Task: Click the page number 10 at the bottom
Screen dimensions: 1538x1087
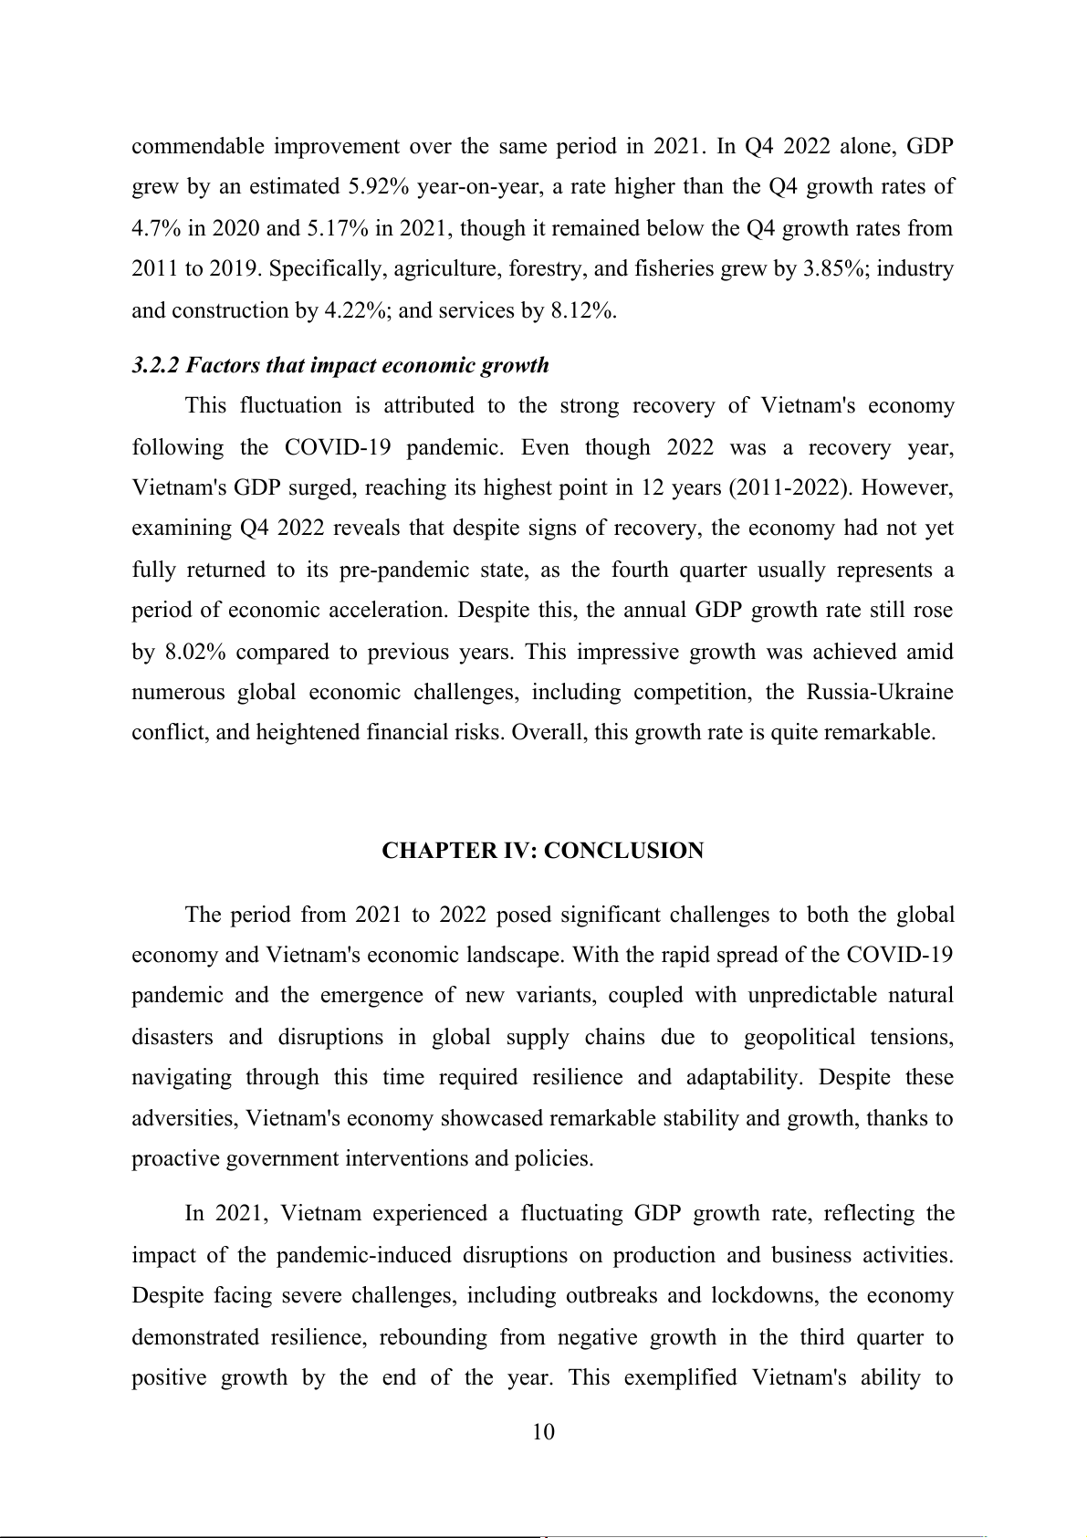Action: click(543, 1431)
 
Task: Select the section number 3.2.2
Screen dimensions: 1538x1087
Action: click(156, 365)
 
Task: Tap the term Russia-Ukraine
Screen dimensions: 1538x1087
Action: click(880, 692)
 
